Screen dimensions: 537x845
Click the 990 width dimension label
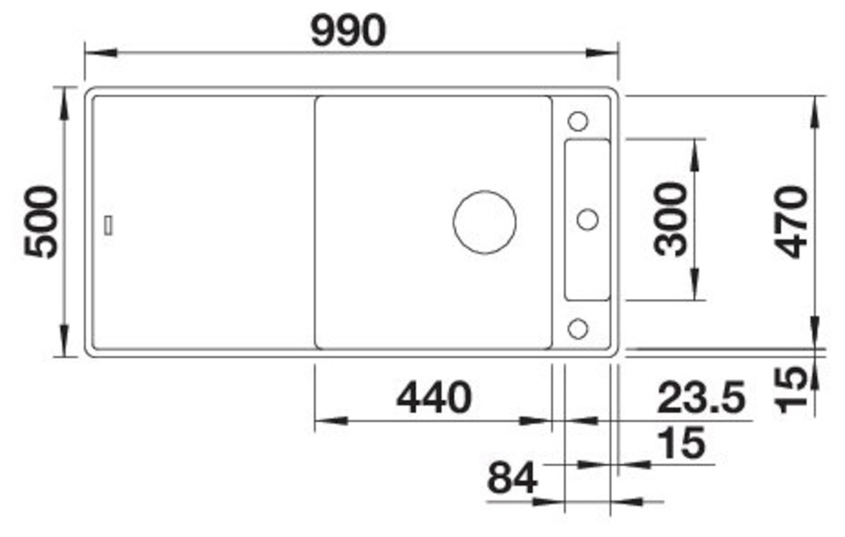(348, 32)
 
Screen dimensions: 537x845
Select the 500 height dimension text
(41, 222)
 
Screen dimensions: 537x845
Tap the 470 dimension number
(792, 221)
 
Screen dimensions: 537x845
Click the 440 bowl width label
(433, 398)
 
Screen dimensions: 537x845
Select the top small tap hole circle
(578, 120)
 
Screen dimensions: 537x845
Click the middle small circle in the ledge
(587, 219)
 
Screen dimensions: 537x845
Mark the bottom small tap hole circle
(578, 327)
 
